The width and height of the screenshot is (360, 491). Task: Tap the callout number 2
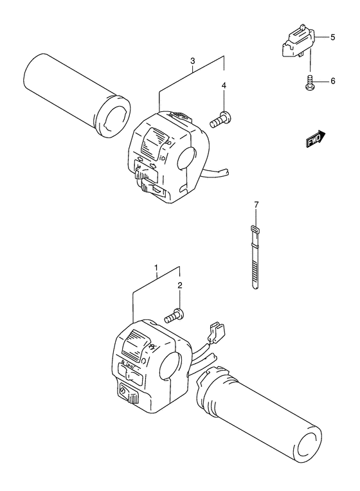tap(181, 285)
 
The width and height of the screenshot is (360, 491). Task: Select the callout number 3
tap(192, 61)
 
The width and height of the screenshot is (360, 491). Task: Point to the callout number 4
tap(224, 85)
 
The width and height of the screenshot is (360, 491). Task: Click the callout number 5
tap(333, 38)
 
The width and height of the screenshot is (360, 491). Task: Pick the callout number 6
tap(333, 81)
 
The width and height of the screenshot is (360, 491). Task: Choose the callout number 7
tap(255, 205)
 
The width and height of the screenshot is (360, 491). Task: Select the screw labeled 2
tap(175, 315)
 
